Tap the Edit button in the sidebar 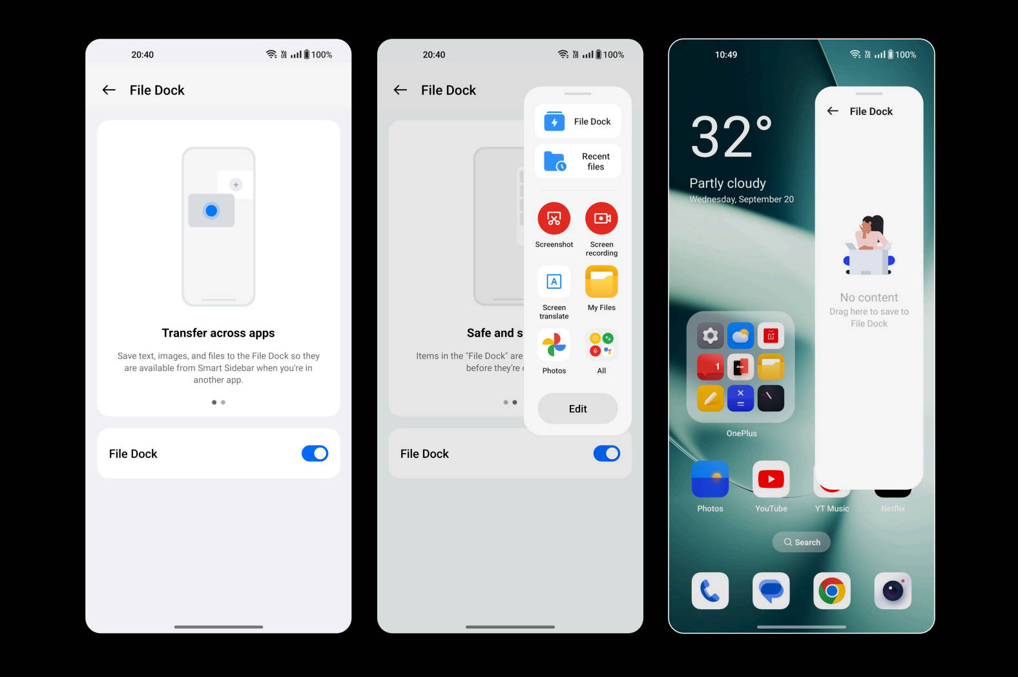tap(577, 408)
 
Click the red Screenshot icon tap(554, 218)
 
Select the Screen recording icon tap(601, 218)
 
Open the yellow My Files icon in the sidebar tap(601, 282)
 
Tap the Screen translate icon tap(554, 282)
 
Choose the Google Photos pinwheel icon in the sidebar tap(554, 345)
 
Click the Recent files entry tap(577, 161)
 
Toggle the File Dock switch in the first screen tap(315, 453)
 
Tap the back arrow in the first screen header tap(109, 90)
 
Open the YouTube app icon tap(771, 479)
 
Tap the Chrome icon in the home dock tap(832, 590)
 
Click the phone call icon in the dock tap(710, 590)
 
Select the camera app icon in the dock tap(893, 590)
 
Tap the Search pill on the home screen tap(801, 542)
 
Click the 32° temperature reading tap(731, 136)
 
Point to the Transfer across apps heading tap(218, 333)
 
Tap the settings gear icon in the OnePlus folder tap(710, 336)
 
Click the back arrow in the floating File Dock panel tap(833, 111)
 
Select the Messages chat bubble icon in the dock tap(771, 590)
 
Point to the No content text tap(869, 298)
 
